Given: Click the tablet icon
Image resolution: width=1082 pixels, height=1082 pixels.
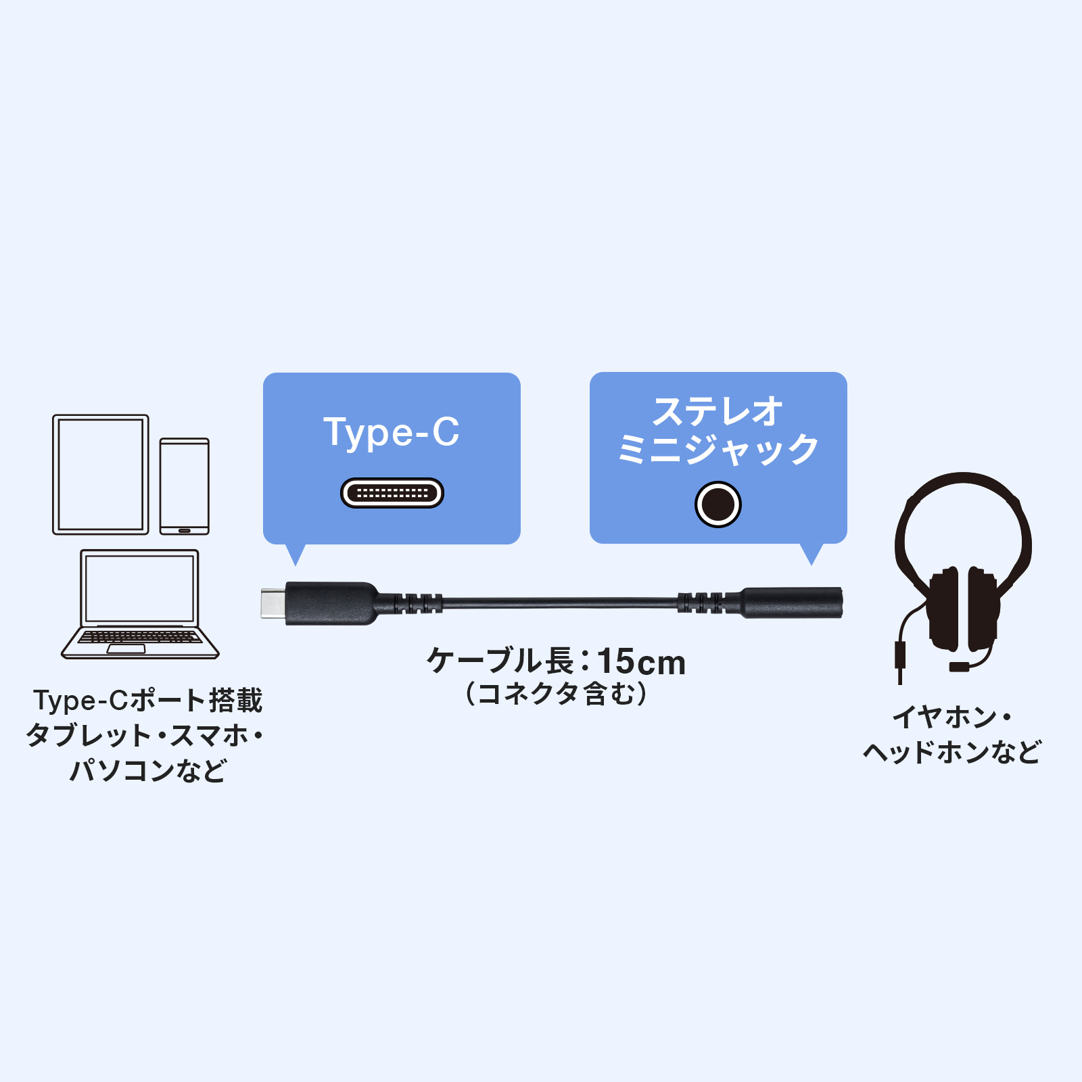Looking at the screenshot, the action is click(101, 475).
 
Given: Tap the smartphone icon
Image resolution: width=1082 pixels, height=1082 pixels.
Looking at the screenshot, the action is click(185, 486).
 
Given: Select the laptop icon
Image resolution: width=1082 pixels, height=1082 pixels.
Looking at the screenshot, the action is click(140, 604).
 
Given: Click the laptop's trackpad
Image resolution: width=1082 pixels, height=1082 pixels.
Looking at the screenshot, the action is click(126, 649).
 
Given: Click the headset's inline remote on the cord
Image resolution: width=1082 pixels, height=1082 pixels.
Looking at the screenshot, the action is click(901, 655).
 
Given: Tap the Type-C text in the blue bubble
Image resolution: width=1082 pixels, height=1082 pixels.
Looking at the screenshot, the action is click(392, 432).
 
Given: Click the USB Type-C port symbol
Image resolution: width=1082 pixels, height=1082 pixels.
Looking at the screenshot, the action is click(392, 493).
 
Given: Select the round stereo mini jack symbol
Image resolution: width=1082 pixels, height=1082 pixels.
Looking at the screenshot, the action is click(718, 504).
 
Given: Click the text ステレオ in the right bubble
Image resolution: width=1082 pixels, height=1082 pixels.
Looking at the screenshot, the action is click(718, 411).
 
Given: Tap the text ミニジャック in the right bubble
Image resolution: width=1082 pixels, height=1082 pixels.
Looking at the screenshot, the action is click(718, 450).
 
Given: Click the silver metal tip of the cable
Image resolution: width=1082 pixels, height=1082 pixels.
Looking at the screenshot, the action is click(273, 603).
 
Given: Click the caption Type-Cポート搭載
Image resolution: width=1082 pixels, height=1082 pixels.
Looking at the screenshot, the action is click(148, 701).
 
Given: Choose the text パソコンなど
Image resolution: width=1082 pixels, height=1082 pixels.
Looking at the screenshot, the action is click(148, 770).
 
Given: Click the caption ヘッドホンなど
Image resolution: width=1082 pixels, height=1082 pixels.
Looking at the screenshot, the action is click(952, 752).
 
